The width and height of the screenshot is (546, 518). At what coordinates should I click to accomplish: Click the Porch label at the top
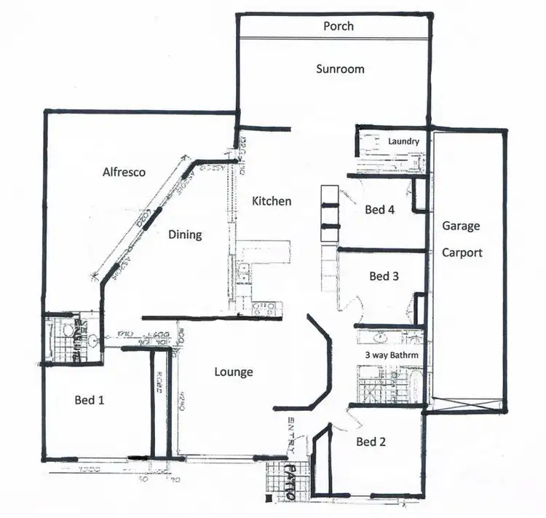pyautogui.click(x=339, y=26)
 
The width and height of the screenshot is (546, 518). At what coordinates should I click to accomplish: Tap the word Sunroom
pyautogui.click(x=340, y=69)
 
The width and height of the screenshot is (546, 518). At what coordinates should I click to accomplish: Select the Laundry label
pyautogui.click(x=403, y=141)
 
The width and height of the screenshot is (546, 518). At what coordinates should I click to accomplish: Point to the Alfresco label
pyautogui.click(x=124, y=173)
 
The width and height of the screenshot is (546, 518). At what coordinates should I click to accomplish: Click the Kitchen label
pyautogui.click(x=272, y=201)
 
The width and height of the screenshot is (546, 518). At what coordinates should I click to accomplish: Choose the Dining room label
pyautogui.click(x=185, y=235)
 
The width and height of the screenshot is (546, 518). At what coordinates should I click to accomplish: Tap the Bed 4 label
pyautogui.click(x=379, y=210)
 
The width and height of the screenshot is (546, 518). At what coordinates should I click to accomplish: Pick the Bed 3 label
pyautogui.click(x=384, y=276)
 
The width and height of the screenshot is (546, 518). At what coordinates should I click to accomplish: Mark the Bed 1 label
pyautogui.click(x=90, y=399)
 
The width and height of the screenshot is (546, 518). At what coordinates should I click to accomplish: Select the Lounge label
pyautogui.click(x=234, y=372)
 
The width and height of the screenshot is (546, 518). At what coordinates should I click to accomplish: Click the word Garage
pyautogui.click(x=461, y=226)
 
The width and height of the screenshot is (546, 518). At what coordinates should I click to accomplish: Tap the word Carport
pyautogui.click(x=462, y=254)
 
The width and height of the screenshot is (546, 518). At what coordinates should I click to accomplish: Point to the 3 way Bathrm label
pyautogui.click(x=392, y=355)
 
